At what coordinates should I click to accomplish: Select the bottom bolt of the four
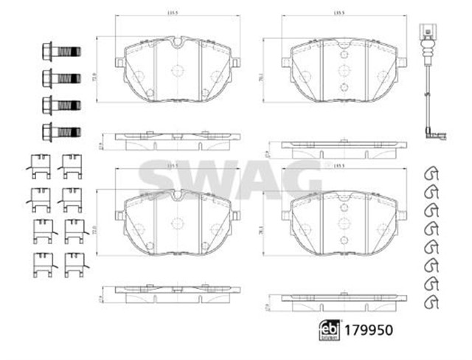click(x=60, y=132)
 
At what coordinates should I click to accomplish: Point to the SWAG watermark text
click(x=229, y=178)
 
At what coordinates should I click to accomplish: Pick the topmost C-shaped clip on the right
click(x=433, y=174)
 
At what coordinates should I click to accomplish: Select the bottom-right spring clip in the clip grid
click(x=73, y=263)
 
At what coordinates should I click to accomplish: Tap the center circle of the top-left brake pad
click(x=176, y=72)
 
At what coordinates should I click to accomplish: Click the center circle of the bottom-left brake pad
click(x=176, y=223)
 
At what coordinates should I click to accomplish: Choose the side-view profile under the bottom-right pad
click(x=341, y=297)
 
